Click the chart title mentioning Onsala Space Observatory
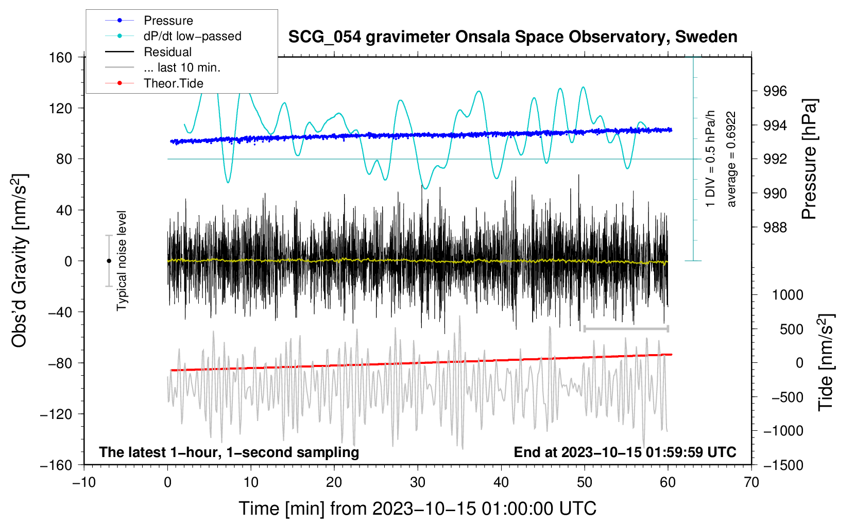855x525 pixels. pos(512,37)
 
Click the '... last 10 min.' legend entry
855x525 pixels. pos(163,67)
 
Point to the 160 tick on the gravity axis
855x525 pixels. pos(61,58)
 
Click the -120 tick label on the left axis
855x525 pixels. pos(57,414)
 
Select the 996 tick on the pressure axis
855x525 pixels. pos(775,91)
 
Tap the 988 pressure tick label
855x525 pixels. pos(775,228)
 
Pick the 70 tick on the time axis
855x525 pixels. pos(751,482)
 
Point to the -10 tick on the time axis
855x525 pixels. pos(84,482)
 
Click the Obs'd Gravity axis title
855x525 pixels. pos(19,261)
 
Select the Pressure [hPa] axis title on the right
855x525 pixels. pos(809,159)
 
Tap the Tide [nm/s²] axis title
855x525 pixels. pos(826,362)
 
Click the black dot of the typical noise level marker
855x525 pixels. pos(109,261)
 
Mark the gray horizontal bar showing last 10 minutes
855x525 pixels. pos(626,328)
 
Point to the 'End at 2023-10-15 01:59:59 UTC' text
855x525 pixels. pos(625,452)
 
